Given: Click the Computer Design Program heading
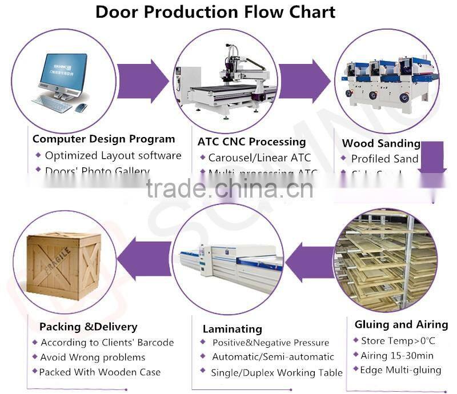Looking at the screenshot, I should [x=103, y=139].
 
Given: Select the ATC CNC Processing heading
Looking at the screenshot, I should [x=252, y=142].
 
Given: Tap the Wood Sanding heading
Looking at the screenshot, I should [x=381, y=143].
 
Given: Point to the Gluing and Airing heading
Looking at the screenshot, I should [x=401, y=324].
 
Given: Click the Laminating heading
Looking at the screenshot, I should [x=232, y=329].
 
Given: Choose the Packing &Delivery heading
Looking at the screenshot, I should [x=88, y=327].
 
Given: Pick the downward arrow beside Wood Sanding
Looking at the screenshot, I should [x=432, y=159].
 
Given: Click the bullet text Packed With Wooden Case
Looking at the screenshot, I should [x=100, y=372].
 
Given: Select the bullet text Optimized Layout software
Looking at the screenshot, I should [x=113, y=155].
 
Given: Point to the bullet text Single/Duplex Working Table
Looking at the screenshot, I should [x=276, y=372].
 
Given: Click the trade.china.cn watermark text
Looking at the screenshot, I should [x=229, y=188].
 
